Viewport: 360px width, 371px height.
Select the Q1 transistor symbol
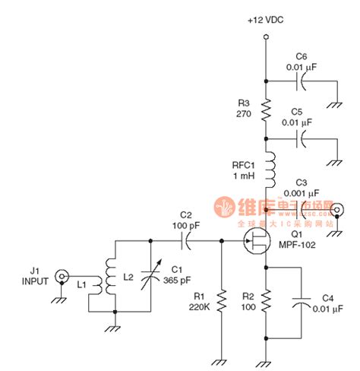tap(256, 243)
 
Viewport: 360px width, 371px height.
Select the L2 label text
tap(131, 276)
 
